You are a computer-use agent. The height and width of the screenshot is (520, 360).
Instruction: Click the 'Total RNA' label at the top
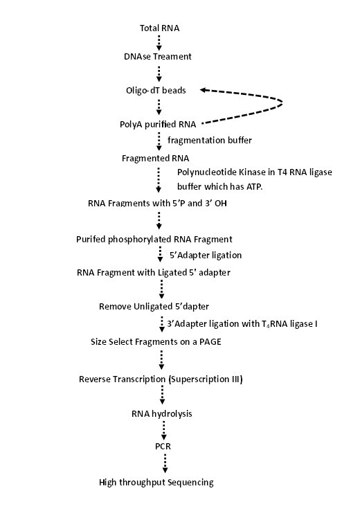coord(159,28)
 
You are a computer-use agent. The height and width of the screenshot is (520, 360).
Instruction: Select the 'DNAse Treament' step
coord(157,56)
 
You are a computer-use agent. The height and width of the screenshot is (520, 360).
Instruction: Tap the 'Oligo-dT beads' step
coord(156,91)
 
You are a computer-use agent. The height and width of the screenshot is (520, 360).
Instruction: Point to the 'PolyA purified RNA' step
coord(158,125)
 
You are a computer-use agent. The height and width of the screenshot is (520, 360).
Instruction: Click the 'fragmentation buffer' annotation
coord(210,141)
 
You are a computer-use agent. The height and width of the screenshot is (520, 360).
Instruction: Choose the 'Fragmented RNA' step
coord(156,158)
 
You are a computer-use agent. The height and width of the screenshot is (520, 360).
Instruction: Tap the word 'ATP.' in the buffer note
coord(254,187)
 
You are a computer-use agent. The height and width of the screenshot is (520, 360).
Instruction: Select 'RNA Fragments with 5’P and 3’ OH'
coord(157,204)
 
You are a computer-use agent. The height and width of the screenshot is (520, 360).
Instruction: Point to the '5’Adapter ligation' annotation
coord(206,255)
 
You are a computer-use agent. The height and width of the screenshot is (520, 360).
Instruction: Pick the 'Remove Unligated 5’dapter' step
coord(154,307)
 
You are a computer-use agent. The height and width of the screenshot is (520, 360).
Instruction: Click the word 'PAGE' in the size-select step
coord(210,342)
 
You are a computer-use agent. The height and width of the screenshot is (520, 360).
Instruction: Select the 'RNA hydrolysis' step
coord(162,414)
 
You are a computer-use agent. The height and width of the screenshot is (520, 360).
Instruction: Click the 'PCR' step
coord(163,447)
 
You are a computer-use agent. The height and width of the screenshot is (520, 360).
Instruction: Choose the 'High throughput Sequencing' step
coord(156,482)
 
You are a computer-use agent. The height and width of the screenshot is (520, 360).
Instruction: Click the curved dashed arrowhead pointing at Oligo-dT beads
coord(204,90)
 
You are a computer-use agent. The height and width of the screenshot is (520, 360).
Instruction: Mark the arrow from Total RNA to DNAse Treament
coord(159,42)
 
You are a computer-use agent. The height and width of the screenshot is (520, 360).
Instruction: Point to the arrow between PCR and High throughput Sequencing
coord(165,463)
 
